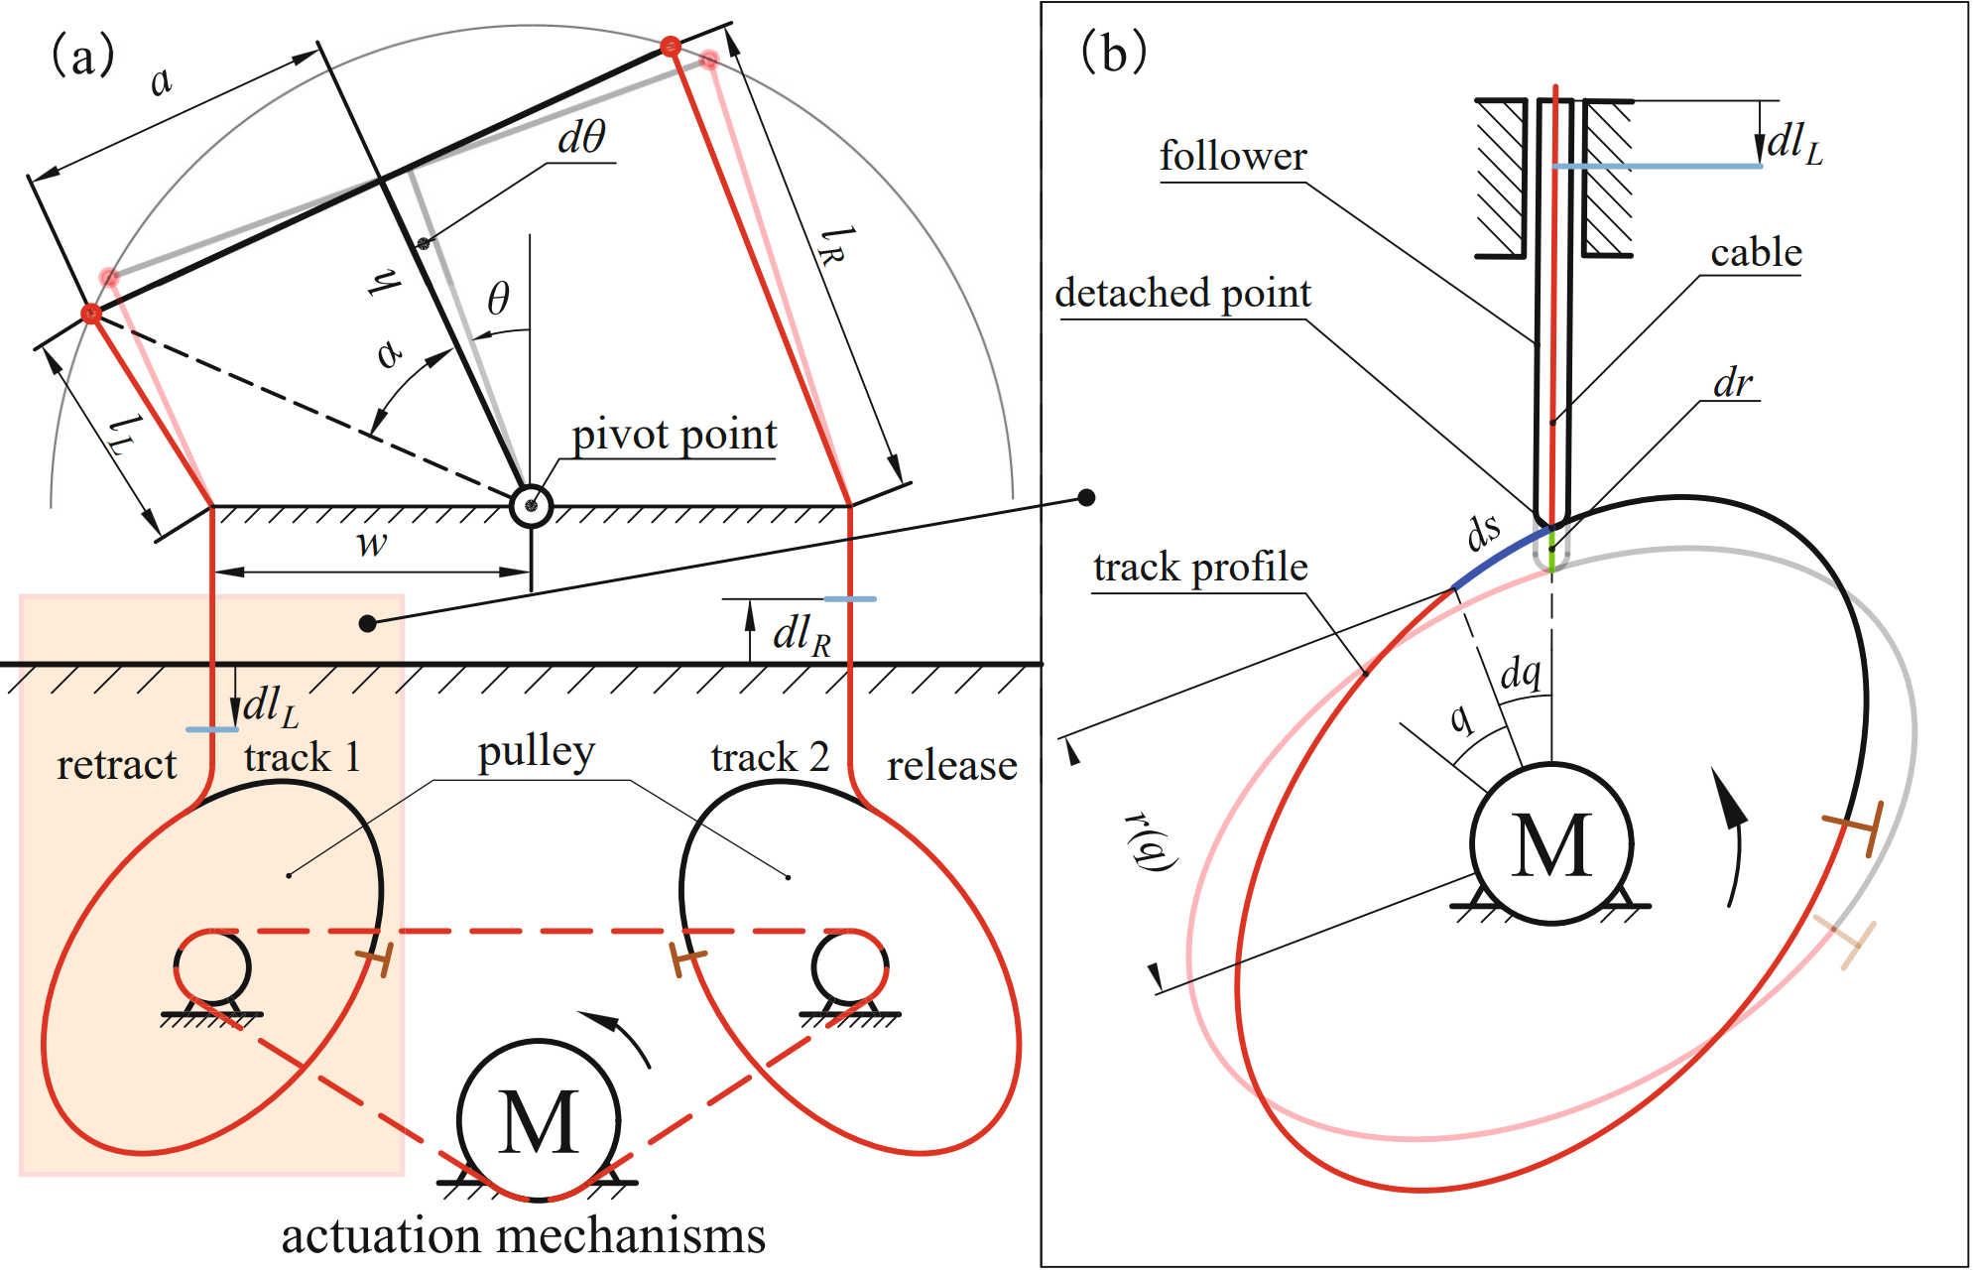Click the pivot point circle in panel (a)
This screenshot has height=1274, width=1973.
[x=531, y=506]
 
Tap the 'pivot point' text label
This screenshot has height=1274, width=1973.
[x=675, y=435]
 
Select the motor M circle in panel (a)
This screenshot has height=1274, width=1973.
[x=539, y=1120]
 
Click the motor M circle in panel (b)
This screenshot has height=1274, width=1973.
[x=1551, y=843]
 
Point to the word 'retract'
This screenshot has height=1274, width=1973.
[x=116, y=765]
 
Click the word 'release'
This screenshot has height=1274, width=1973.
[x=951, y=765]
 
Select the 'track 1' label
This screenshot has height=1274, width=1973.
[x=302, y=757]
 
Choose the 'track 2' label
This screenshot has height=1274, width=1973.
[x=770, y=757]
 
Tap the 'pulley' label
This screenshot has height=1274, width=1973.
[x=536, y=752]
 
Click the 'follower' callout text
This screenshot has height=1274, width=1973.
[x=1233, y=157]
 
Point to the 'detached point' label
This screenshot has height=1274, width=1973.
[x=1182, y=294]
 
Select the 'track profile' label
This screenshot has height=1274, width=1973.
[x=1200, y=568]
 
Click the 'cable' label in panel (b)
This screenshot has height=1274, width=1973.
[x=1756, y=253]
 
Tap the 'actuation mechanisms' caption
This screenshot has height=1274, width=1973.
[x=523, y=1236]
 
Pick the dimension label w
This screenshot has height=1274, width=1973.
[x=371, y=544]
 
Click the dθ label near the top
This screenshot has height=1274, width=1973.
[x=581, y=137]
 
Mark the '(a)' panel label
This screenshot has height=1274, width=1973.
[x=82, y=55]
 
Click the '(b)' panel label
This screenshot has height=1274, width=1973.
[x=1113, y=52]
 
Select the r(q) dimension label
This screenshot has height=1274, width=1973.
[x=1151, y=841]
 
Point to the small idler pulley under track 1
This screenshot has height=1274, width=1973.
[x=212, y=967]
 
